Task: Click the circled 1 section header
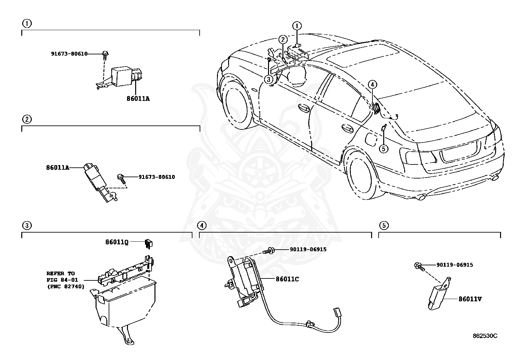coord(27,23)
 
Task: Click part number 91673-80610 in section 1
coord(69,54)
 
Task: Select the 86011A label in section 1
coord(138,98)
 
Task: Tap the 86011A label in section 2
coord(58,167)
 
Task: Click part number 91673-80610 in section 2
coord(156,177)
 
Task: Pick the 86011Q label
coord(117,242)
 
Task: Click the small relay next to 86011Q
coord(149,243)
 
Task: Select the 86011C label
coord(287,279)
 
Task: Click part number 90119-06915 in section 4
coord(308,249)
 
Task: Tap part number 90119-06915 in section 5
coord(454,265)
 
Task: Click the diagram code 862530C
coord(485,336)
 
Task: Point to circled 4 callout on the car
coord(372,84)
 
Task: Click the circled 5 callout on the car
coord(384,149)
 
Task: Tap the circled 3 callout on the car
coord(268,79)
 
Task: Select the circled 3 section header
coord(27,225)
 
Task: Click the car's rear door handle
coord(347,128)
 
